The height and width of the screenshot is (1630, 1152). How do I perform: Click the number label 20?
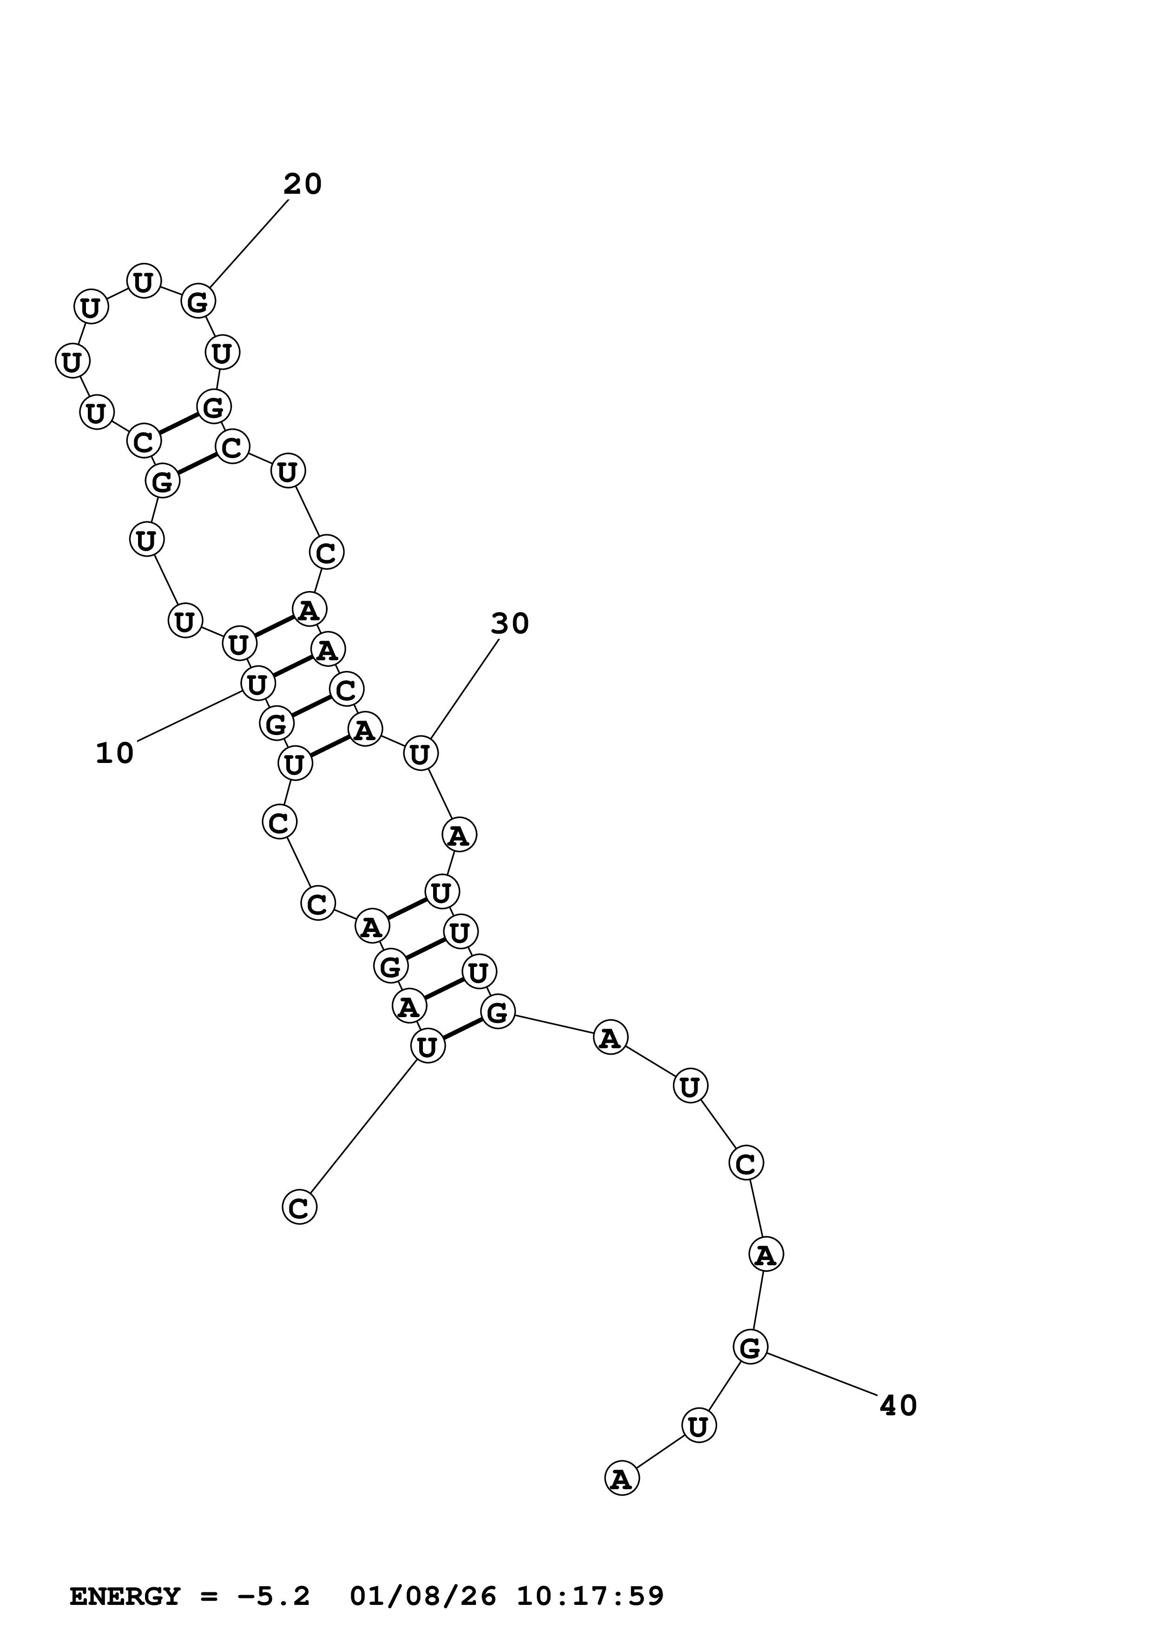pos(303,184)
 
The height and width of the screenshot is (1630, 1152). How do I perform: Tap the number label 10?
pos(114,753)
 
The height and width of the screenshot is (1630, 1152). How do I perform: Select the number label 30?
pos(510,624)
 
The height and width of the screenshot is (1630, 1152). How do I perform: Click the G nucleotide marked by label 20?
pos(198,302)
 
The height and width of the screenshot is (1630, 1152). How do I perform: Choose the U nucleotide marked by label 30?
pos(420,754)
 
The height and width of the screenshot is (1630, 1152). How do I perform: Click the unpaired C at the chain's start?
pos(299,1207)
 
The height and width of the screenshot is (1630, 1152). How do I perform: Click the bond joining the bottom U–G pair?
pos(462,1029)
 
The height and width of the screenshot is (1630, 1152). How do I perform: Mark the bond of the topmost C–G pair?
pos(178,424)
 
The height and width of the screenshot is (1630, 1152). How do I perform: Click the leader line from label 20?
pos(249,245)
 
